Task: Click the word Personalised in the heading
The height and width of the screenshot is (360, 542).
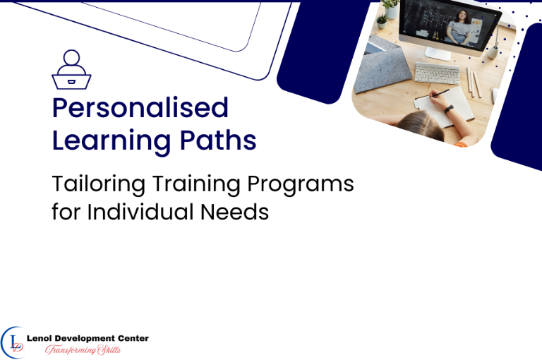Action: (140, 108)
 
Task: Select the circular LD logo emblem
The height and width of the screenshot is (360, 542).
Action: (13, 342)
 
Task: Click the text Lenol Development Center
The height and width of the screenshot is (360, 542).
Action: (88, 339)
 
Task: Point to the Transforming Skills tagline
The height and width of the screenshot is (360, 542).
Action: (83, 350)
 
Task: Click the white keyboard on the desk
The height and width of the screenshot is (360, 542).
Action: (436, 73)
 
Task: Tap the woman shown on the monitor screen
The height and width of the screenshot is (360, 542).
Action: (461, 27)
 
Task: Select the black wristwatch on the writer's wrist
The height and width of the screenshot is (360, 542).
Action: (448, 109)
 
